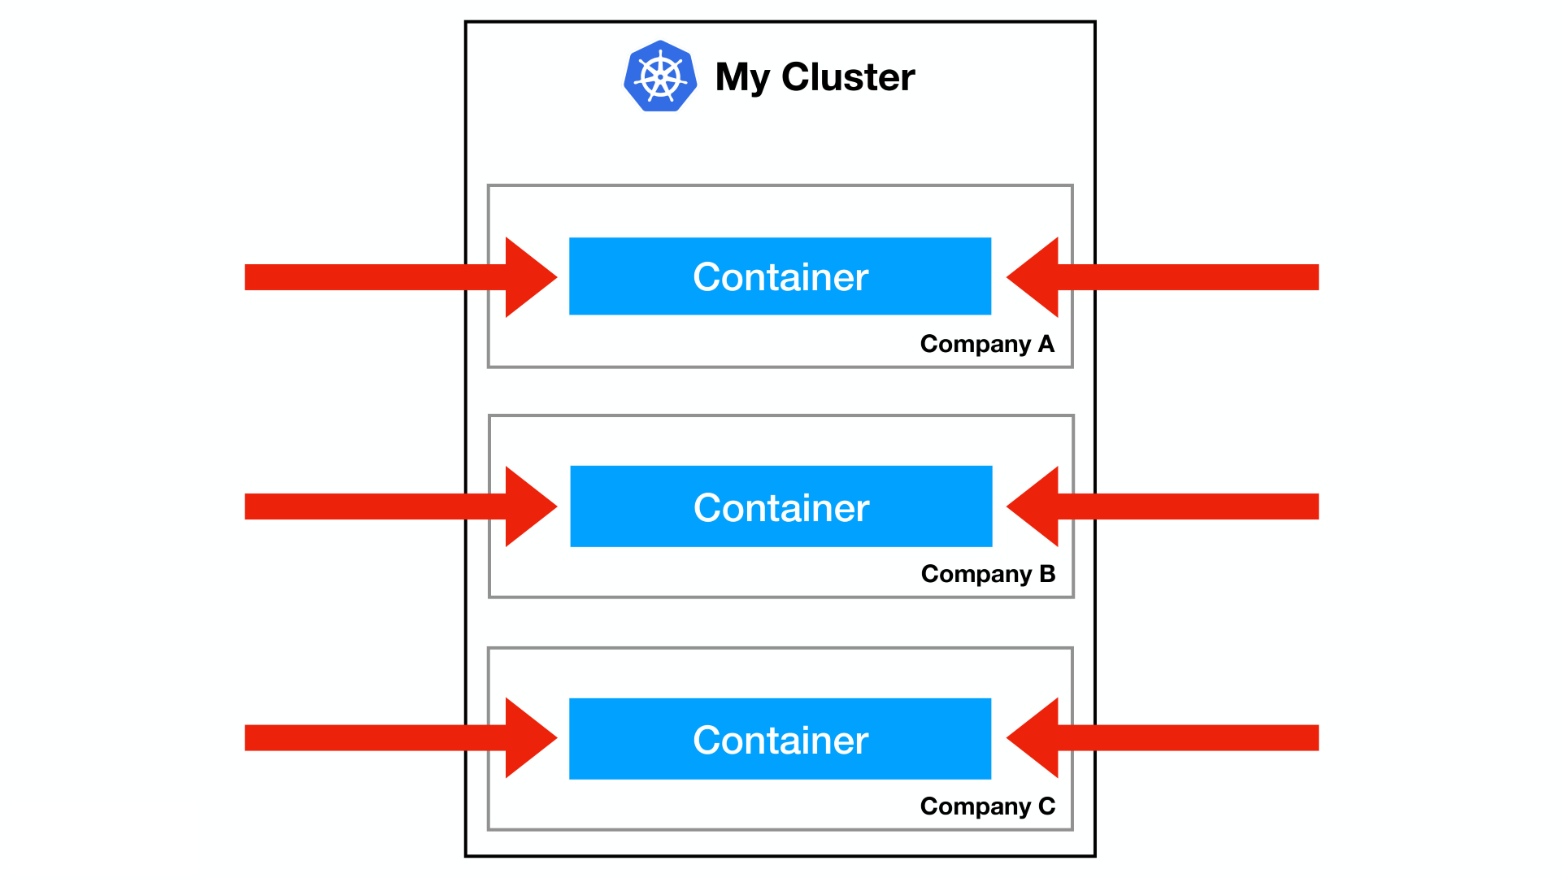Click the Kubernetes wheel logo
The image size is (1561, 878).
click(x=660, y=76)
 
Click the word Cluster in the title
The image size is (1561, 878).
click(x=848, y=77)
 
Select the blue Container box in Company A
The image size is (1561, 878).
click(x=780, y=276)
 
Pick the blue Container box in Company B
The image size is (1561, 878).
click(x=780, y=506)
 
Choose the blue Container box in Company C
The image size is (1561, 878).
click(x=780, y=739)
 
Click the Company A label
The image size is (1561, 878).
click(x=987, y=344)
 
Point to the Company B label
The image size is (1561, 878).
click(x=988, y=574)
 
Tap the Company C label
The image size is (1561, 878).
click(x=987, y=806)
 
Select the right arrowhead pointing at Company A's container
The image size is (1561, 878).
click(x=1034, y=277)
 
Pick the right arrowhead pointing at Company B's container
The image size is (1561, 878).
click(x=1034, y=506)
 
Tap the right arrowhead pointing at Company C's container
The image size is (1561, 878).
click(x=1034, y=738)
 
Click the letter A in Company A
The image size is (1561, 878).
click(x=1046, y=344)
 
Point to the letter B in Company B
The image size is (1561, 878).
click(x=1047, y=574)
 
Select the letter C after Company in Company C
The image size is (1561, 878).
click(x=1047, y=806)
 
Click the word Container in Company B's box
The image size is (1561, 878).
click(x=781, y=508)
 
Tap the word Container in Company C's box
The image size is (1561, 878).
click(x=780, y=741)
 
